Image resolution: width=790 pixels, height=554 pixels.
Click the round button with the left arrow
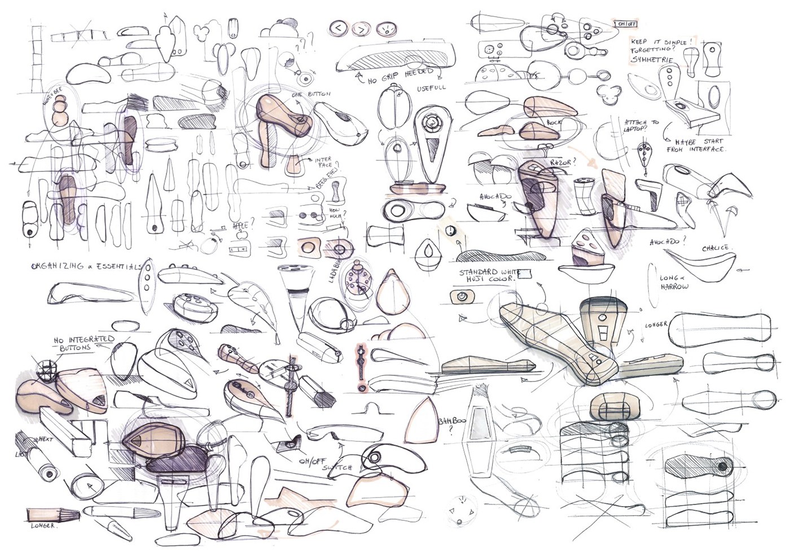[x=338, y=28]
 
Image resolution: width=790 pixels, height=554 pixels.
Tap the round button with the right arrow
[x=361, y=28]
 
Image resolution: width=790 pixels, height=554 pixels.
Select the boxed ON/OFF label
[x=626, y=24]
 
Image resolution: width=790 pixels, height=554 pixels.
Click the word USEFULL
[x=432, y=88]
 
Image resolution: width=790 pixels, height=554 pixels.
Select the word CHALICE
[x=717, y=248]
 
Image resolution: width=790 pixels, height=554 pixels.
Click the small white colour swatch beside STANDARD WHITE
[x=525, y=274]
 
